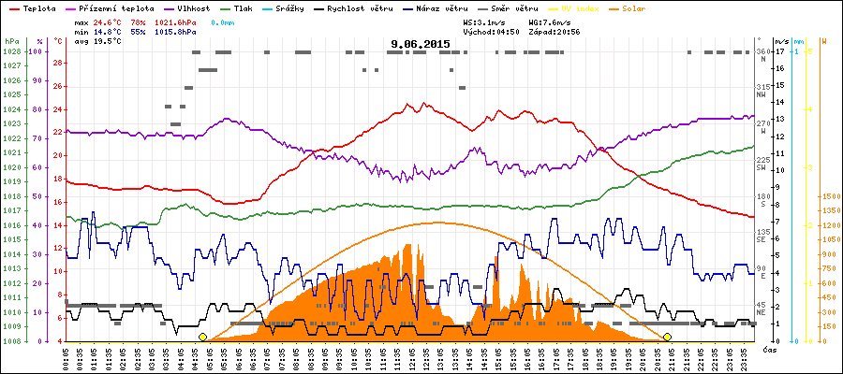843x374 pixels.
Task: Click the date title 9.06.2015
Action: (x=421, y=43)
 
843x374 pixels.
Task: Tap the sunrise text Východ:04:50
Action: (x=491, y=31)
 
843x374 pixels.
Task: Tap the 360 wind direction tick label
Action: (x=762, y=51)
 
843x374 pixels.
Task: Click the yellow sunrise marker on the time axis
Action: (x=202, y=337)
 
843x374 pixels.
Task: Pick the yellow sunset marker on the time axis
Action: (x=668, y=337)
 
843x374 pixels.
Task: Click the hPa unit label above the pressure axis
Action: (x=10, y=42)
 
